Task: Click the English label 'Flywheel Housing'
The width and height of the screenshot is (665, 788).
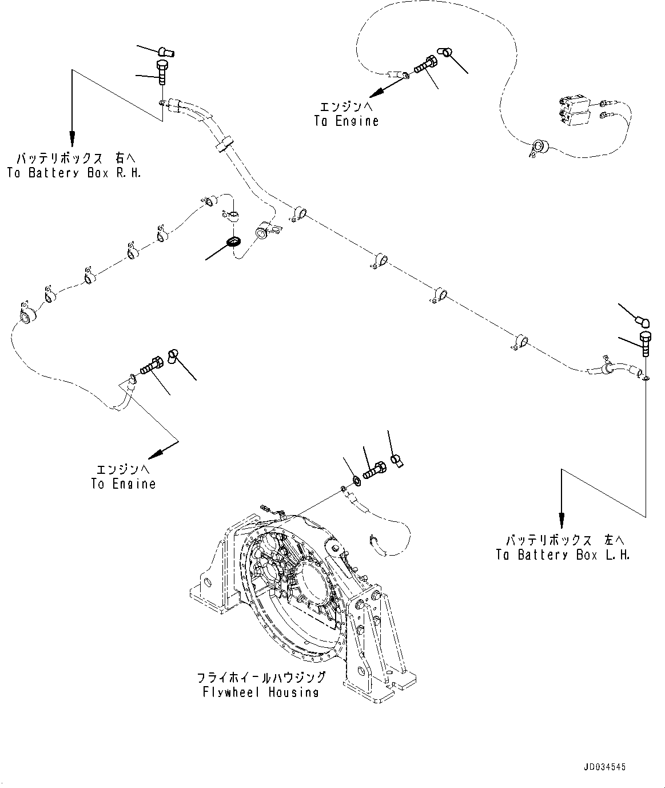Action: [x=261, y=692]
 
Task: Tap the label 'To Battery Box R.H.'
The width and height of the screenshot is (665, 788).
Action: [x=74, y=173]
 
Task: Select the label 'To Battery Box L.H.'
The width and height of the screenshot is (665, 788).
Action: [x=563, y=555]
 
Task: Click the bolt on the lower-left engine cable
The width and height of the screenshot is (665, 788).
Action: [x=151, y=365]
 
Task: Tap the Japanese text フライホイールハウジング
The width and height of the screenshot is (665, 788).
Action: [x=261, y=678]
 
